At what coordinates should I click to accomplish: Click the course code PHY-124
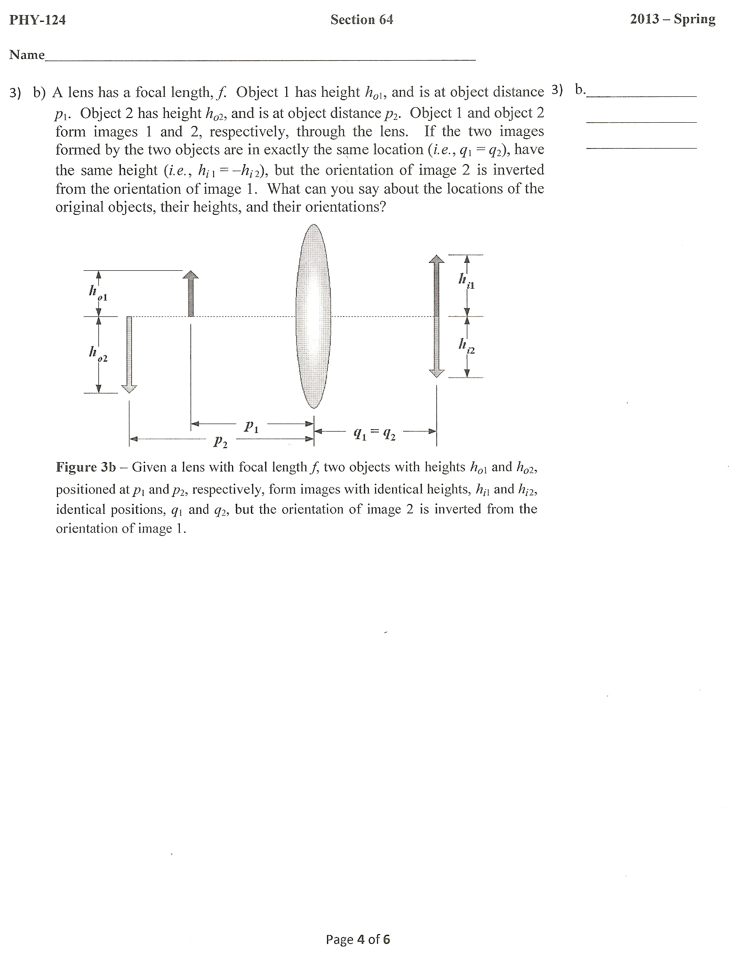37,20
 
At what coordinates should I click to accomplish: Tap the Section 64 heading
361,19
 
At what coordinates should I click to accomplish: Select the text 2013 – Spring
673,19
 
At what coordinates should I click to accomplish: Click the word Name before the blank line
27,55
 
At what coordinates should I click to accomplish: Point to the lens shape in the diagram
313,316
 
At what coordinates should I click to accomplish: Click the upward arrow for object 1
191,293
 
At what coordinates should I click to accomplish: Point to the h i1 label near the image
466,281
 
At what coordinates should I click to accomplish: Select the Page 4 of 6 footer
358,939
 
